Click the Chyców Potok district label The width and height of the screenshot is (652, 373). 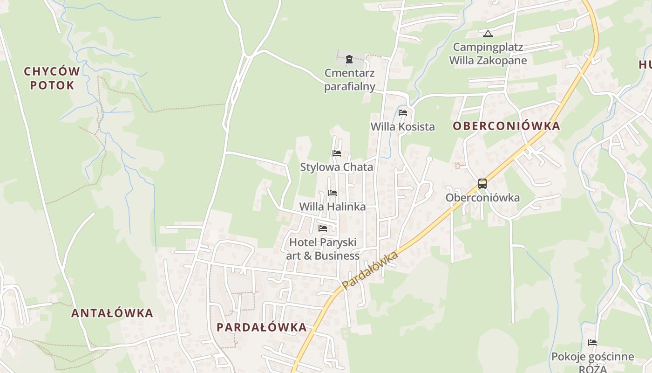pos(52,78)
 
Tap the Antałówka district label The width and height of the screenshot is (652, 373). pos(112,313)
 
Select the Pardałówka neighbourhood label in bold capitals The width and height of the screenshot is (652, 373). pos(261,327)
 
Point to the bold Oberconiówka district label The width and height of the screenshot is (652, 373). pos(506,126)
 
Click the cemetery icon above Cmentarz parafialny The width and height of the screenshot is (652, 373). pos(349,59)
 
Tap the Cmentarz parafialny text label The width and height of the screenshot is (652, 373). pos(350,80)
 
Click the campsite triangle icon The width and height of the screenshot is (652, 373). pos(488,34)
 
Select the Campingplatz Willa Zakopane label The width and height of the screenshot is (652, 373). pos(488,54)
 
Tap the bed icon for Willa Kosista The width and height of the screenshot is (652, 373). pos(403,113)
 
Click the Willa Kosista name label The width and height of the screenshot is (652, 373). pos(402,126)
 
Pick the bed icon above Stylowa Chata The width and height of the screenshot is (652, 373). pos(337,153)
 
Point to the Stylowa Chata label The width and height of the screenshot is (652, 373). pos(336,167)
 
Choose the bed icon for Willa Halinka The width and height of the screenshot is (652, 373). pos(332,193)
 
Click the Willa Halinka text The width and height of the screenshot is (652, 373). pos(332,207)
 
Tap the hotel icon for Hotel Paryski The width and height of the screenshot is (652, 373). pos(322,228)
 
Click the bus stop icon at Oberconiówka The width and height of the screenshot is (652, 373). pos(482,184)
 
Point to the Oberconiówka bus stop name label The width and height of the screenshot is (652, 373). pos(482,198)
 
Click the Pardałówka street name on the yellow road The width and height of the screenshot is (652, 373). pos(370,270)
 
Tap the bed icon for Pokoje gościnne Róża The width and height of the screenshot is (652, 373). pos(592,343)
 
